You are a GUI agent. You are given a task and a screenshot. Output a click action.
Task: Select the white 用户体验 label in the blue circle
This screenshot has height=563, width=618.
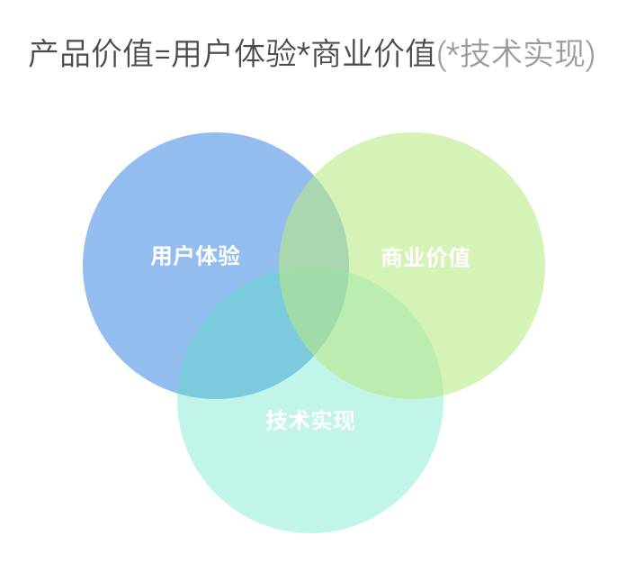click(x=195, y=256)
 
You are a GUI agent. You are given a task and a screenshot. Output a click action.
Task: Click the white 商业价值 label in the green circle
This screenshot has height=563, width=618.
click(x=425, y=258)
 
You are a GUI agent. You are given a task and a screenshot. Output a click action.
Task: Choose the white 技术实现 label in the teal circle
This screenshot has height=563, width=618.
click(x=310, y=420)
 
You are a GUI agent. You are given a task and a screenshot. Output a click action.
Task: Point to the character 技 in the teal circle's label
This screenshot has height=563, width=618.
click(x=277, y=420)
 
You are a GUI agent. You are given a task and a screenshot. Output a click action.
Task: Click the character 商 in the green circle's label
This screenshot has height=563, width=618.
click(x=392, y=258)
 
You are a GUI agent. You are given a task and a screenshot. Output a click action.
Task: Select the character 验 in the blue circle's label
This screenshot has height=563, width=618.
click(x=229, y=256)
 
